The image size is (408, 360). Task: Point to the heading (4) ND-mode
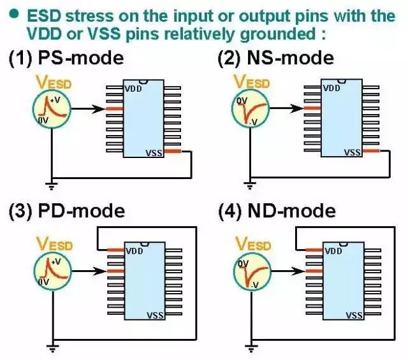(276, 210)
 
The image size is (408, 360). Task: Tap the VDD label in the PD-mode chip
(135, 250)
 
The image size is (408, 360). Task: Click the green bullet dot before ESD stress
(11, 14)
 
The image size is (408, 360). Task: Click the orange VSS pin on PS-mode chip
(174, 152)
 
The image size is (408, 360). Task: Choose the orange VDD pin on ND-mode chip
(312, 250)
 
